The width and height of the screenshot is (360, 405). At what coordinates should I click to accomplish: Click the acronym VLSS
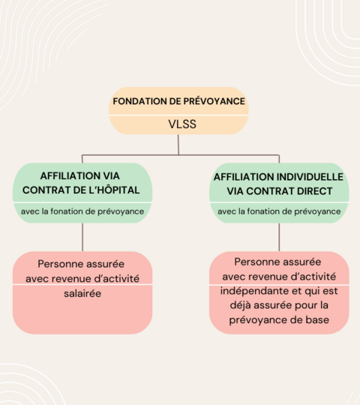click(182, 124)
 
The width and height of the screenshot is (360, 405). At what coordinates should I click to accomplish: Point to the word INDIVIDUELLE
click(310, 177)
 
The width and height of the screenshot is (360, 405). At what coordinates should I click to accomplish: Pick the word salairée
click(82, 294)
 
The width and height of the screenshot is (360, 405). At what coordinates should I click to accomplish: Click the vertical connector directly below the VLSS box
click(178, 145)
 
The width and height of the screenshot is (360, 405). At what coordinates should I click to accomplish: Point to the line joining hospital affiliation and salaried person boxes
click(82, 237)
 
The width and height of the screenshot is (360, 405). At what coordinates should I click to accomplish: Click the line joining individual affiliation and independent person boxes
click(279, 237)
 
